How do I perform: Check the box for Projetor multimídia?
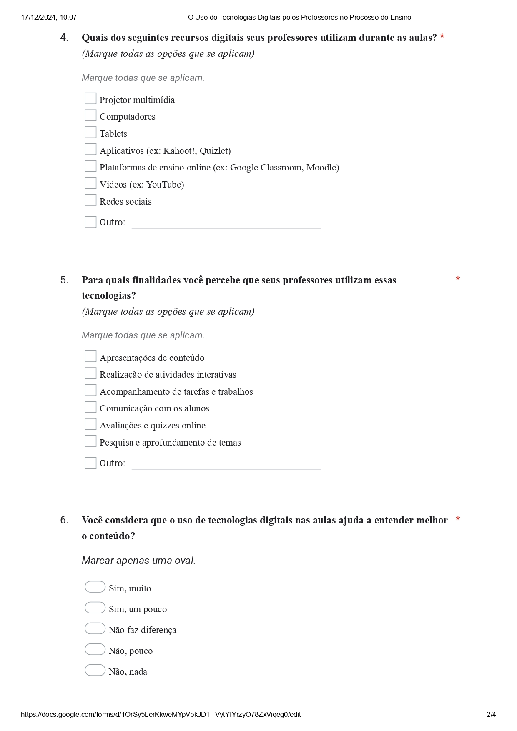click(90, 98)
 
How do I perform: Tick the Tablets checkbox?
click(90, 132)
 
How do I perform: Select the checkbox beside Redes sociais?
click(90, 200)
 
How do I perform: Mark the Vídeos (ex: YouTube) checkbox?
click(90, 183)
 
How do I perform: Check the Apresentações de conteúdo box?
click(90, 356)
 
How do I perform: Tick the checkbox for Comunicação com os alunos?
click(90, 407)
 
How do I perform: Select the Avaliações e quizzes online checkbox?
click(90, 424)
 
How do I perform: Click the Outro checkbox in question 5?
click(90, 463)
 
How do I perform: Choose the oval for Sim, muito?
click(95, 587)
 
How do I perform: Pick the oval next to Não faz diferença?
click(95, 628)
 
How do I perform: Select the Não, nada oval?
click(95, 670)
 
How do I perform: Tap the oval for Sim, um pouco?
click(95, 608)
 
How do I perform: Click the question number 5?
click(64, 280)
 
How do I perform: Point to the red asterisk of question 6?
click(458, 519)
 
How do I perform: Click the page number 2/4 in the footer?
click(491, 714)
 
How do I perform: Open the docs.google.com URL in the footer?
click(161, 714)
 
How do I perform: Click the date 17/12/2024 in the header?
click(39, 17)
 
